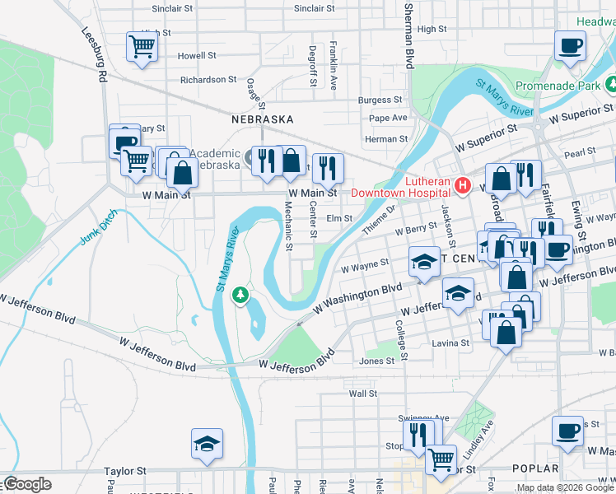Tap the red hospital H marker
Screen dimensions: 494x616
(x=463, y=186)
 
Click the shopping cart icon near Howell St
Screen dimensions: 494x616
(x=142, y=46)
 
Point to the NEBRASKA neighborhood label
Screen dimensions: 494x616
(x=262, y=119)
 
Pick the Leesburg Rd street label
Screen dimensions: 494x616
(x=95, y=54)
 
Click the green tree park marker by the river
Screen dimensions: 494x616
(x=240, y=295)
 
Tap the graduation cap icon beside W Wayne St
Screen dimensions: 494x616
(x=424, y=262)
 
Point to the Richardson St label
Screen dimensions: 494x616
(x=208, y=80)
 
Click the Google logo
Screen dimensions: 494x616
(x=27, y=484)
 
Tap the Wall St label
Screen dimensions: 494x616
(x=362, y=394)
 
